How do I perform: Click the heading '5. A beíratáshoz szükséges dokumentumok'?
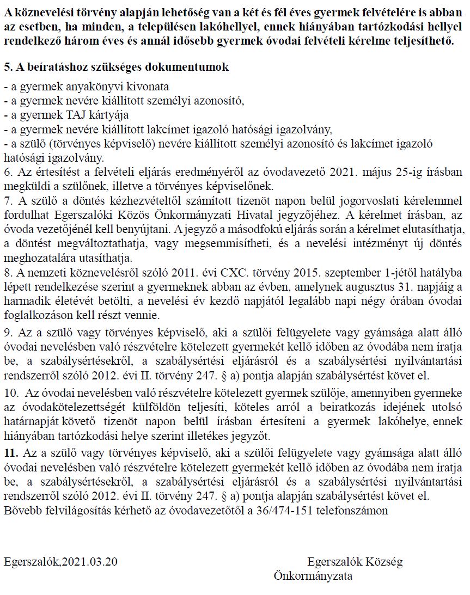116,67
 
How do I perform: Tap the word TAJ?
80,115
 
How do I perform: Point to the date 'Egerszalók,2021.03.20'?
60,561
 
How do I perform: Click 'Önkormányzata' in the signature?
313,575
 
